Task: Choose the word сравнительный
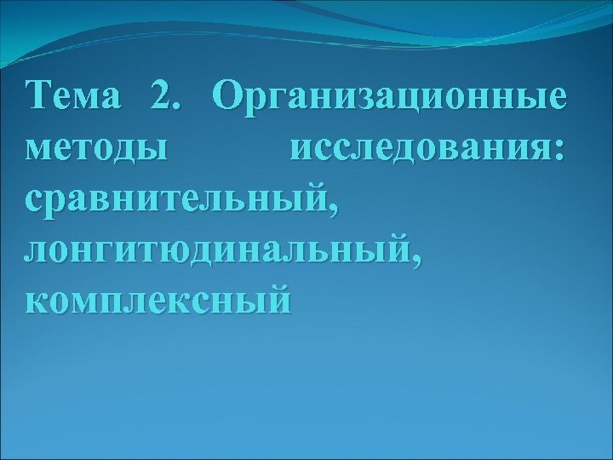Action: (175, 201)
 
